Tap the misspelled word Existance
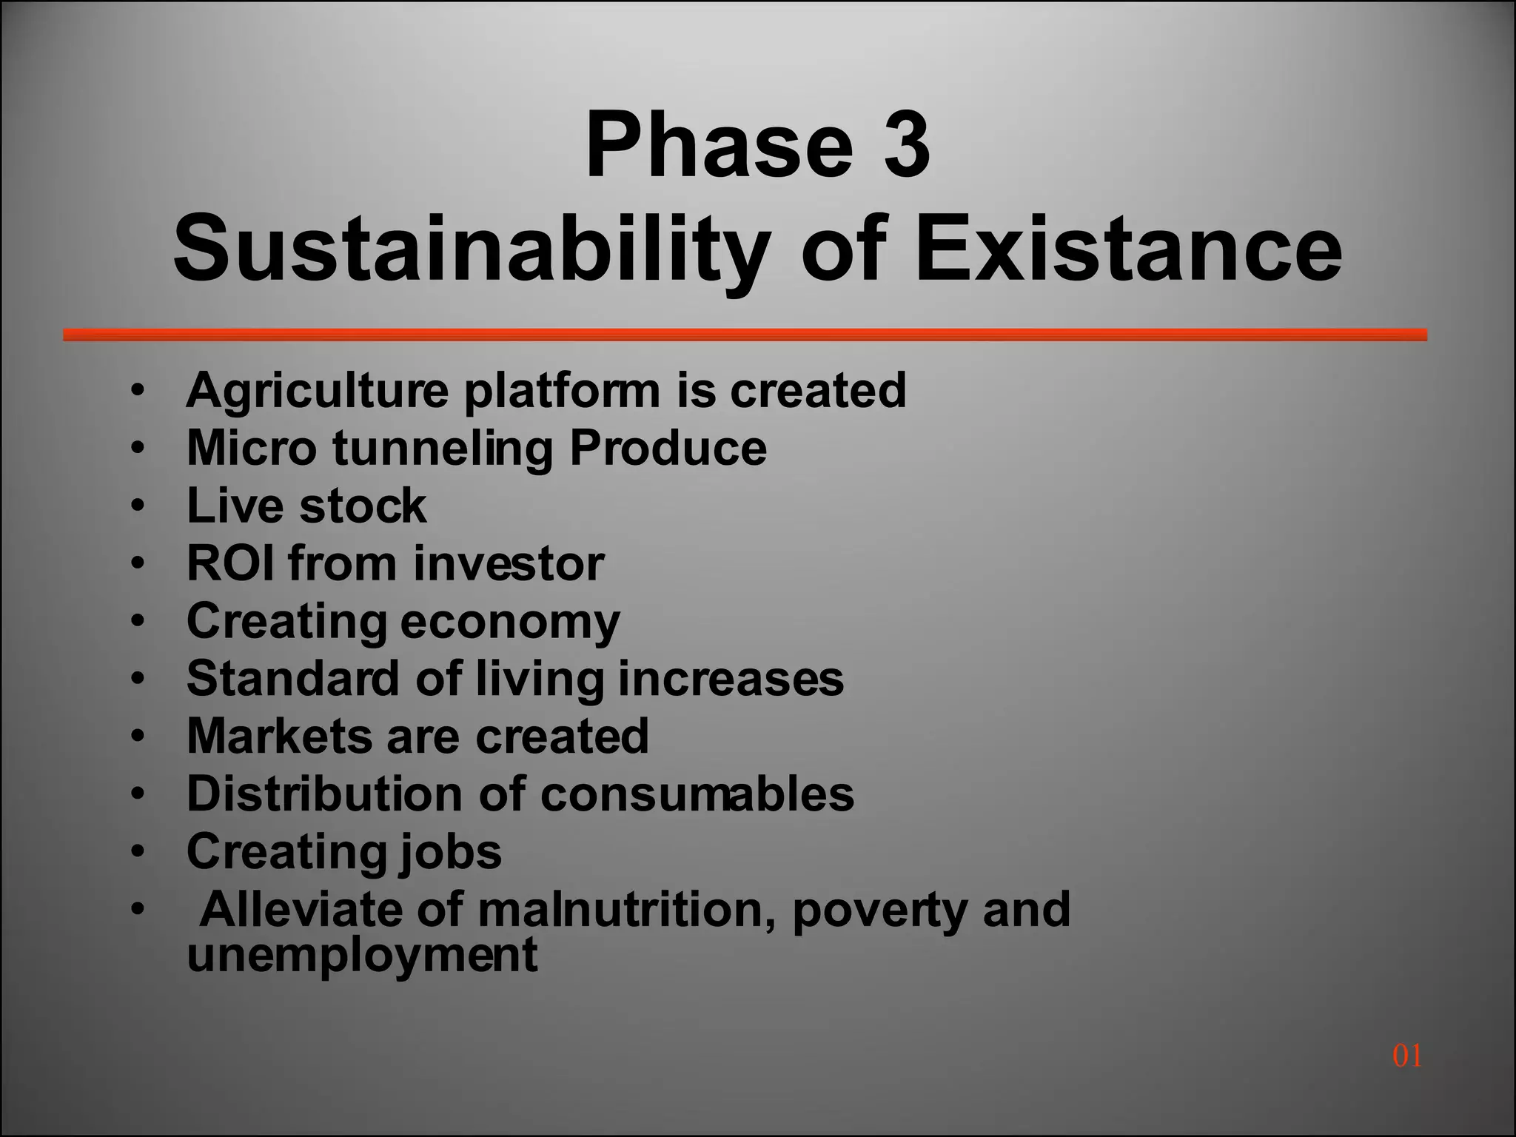(x=1128, y=248)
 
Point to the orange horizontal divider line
(x=745, y=335)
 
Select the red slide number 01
(x=1406, y=1056)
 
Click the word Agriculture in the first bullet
(x=318, y=390)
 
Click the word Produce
(x=668, y=448)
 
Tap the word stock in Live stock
(x=363, y=506)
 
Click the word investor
(x=509, y=563)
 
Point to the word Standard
(x=293, y=678)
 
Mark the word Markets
(x=278, y=736)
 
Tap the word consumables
(x=697, y=794)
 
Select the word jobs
(x=450, y=853)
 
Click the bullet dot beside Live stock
(x=137, y=506)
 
